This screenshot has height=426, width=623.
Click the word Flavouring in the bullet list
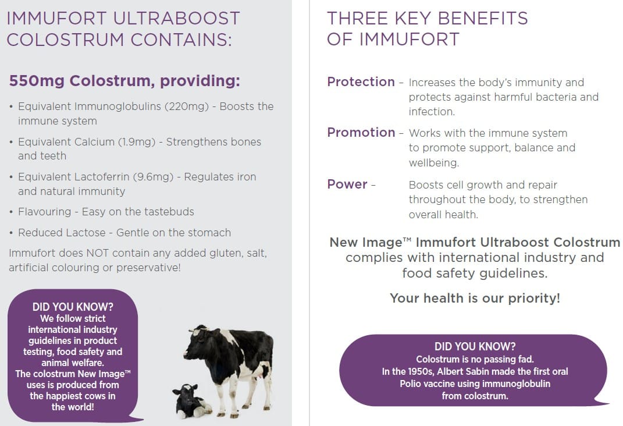[44, 212]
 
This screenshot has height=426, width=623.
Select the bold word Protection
[361, 81]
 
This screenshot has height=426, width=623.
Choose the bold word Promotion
[361, 132]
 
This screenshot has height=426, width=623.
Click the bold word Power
[347, 184]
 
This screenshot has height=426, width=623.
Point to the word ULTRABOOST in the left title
[176, 19]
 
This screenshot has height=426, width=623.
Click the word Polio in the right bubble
[410, 384]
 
